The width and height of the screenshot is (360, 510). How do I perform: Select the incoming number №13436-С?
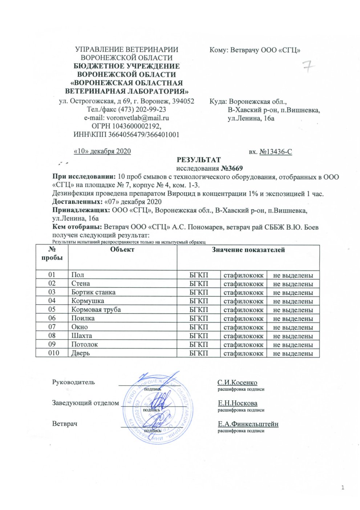point(276,152)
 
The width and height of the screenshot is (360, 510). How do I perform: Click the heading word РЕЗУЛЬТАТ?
point(199,160)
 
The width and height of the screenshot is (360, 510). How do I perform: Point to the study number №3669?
point(231,168)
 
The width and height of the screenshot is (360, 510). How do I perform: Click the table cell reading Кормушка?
point(88,301)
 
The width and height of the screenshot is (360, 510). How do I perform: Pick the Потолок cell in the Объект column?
point(85,344)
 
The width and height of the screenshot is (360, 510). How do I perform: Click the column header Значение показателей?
point(248,250)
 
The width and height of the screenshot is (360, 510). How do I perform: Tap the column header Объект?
point(122,249)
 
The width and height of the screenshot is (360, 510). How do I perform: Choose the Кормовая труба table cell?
point(96,310)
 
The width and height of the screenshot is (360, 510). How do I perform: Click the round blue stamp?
point(156,410)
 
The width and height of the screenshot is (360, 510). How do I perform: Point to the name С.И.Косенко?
point(237,382)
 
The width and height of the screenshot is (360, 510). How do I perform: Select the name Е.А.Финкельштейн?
point(248,424)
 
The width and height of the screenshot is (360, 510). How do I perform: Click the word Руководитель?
point(73,382)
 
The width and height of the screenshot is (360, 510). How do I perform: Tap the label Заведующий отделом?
point(85,403)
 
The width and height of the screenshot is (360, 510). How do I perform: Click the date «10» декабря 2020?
point(102,151)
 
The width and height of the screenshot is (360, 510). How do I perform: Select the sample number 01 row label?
point(52,275)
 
